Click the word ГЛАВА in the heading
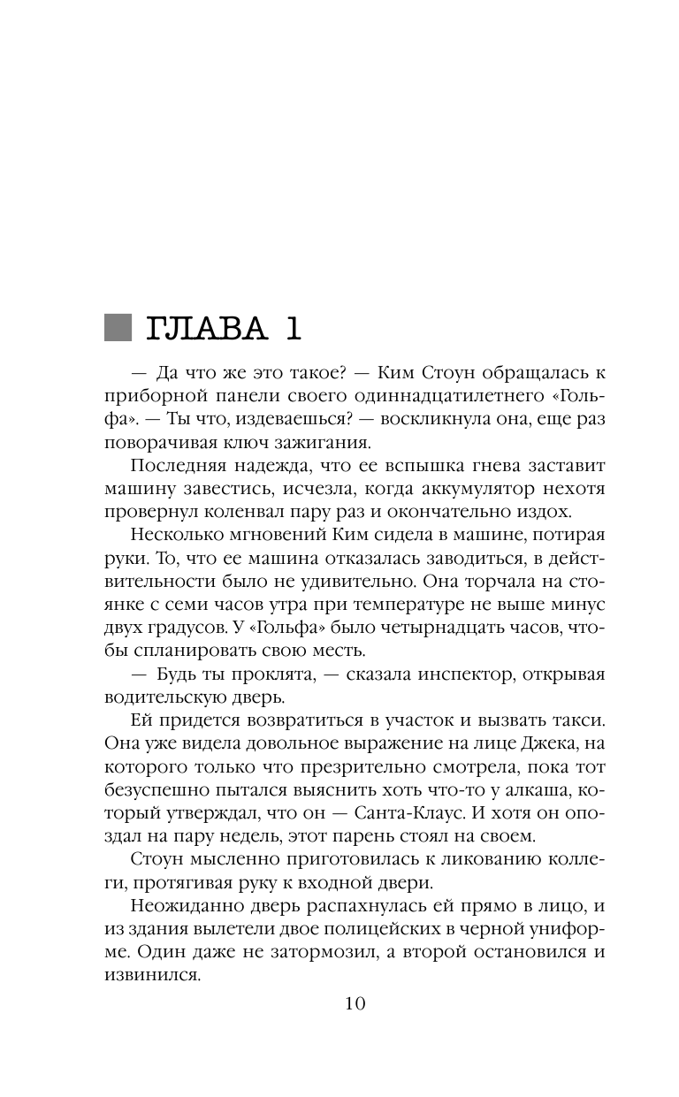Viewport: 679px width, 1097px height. click(x=207, y=329)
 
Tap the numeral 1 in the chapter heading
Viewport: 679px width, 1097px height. click(x=292, y=329)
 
